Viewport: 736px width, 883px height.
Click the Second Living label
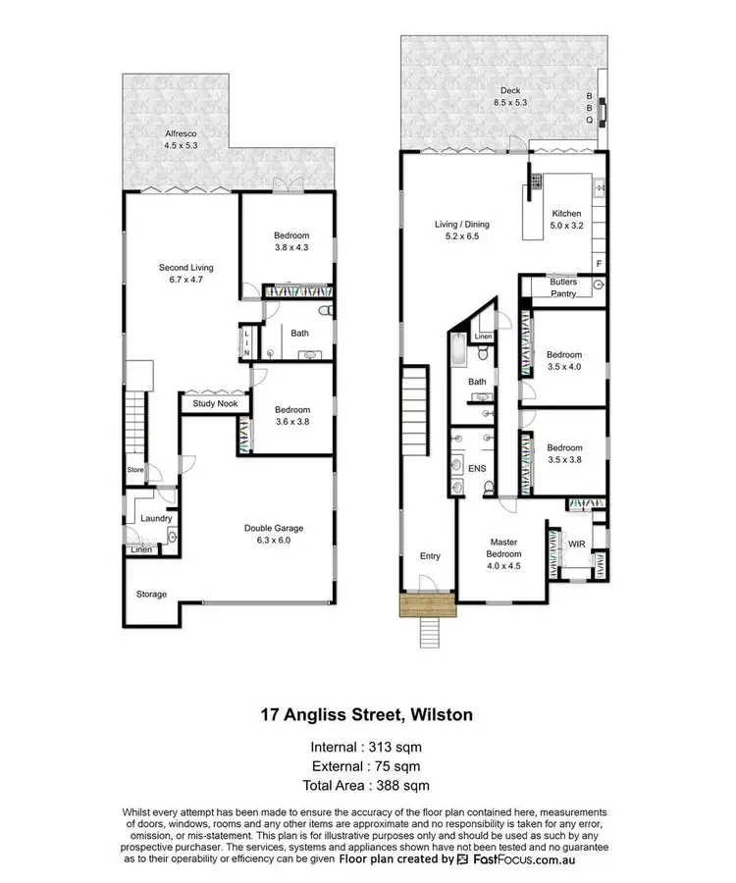click(186, 274)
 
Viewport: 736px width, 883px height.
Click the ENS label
click(478, 469)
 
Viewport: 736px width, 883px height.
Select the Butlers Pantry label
click(563, 287)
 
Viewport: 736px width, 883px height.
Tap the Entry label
click(430, 556)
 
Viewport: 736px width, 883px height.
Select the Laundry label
click(157, 518)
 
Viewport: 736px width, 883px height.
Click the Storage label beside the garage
click(151, 595)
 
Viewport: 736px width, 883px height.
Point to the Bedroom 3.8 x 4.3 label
click(291, 241)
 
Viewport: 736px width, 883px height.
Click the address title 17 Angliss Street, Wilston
click(367, 715)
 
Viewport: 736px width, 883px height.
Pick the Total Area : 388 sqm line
click(367, 785)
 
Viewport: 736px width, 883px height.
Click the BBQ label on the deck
click(590, 108)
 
